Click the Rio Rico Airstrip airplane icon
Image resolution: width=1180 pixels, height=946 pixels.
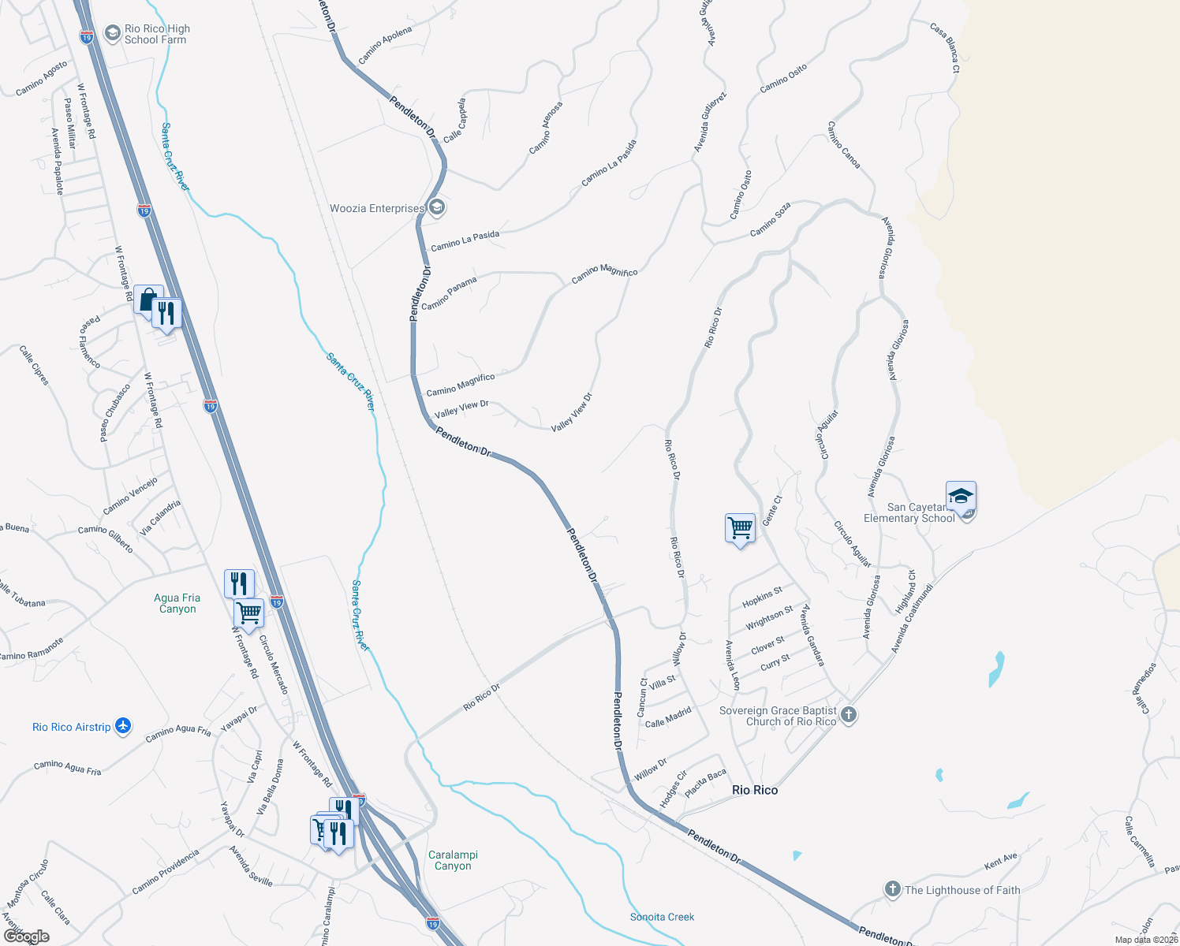click(123, 726)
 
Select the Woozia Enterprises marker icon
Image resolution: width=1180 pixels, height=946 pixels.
click(437, 208)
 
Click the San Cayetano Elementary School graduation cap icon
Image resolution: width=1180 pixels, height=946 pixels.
click(961, 497)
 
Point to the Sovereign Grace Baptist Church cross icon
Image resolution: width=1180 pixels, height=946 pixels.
click(849, 716)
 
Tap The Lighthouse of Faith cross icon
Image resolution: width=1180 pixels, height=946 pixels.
click(892, 890)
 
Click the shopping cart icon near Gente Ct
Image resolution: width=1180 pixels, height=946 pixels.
click(740, 527)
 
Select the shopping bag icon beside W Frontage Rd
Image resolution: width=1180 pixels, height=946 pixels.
click(147, 300)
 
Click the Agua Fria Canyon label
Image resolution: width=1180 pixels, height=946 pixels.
click(177, 603)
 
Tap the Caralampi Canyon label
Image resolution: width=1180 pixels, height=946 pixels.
click(453, 860)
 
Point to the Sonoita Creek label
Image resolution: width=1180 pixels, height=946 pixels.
click(662, 917)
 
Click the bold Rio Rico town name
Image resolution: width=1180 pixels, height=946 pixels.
click(755, 790)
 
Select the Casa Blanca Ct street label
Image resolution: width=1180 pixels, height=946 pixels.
click(944, 48)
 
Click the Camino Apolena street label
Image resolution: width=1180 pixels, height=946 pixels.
click(385, 46)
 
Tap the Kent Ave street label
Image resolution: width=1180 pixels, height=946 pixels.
click(1001, 862)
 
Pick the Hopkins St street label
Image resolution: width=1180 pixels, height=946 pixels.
click(762, 598)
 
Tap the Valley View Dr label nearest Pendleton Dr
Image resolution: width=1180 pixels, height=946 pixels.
click(461, 409)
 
